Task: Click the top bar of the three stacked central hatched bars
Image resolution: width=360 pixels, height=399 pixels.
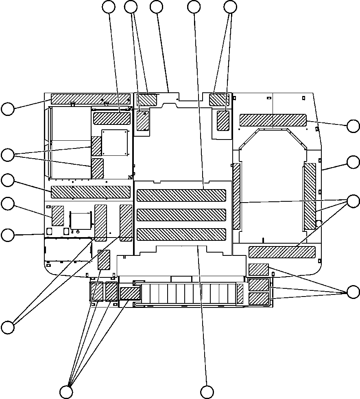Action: click(x=181, y=195)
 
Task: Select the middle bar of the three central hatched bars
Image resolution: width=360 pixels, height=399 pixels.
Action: click(x=181, y=215)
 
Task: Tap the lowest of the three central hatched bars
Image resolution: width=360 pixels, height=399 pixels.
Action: click(x=181, y=234)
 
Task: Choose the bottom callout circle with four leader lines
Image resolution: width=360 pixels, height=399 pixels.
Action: click(x=66, y=392)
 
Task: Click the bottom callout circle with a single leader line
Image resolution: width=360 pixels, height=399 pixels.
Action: click(x=207, y=392)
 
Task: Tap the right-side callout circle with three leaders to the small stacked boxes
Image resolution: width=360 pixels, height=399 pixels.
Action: click(x=353, y=292)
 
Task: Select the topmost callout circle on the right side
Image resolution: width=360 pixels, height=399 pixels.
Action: click(x=353, y=126)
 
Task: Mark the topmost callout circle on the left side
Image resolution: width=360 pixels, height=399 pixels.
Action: click(x=7, y=109)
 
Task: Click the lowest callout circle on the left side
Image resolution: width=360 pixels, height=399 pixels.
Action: click(x=7, y=327)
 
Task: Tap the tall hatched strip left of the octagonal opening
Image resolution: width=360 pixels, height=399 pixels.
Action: click(x=236, y=196)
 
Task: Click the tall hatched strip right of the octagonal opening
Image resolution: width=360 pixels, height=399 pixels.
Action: click(x=310, y=196)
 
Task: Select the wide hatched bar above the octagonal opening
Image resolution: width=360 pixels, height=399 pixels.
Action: click(x=273, y=120)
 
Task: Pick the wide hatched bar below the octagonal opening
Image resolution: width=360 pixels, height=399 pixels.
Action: click(x=282, y=252)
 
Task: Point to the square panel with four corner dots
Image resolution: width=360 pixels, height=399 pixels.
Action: click(x=115, y=142)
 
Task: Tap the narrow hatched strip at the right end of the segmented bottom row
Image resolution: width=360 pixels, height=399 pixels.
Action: click(x=240, y=294)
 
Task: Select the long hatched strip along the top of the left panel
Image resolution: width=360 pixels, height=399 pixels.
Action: click(x=91, y=98)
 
